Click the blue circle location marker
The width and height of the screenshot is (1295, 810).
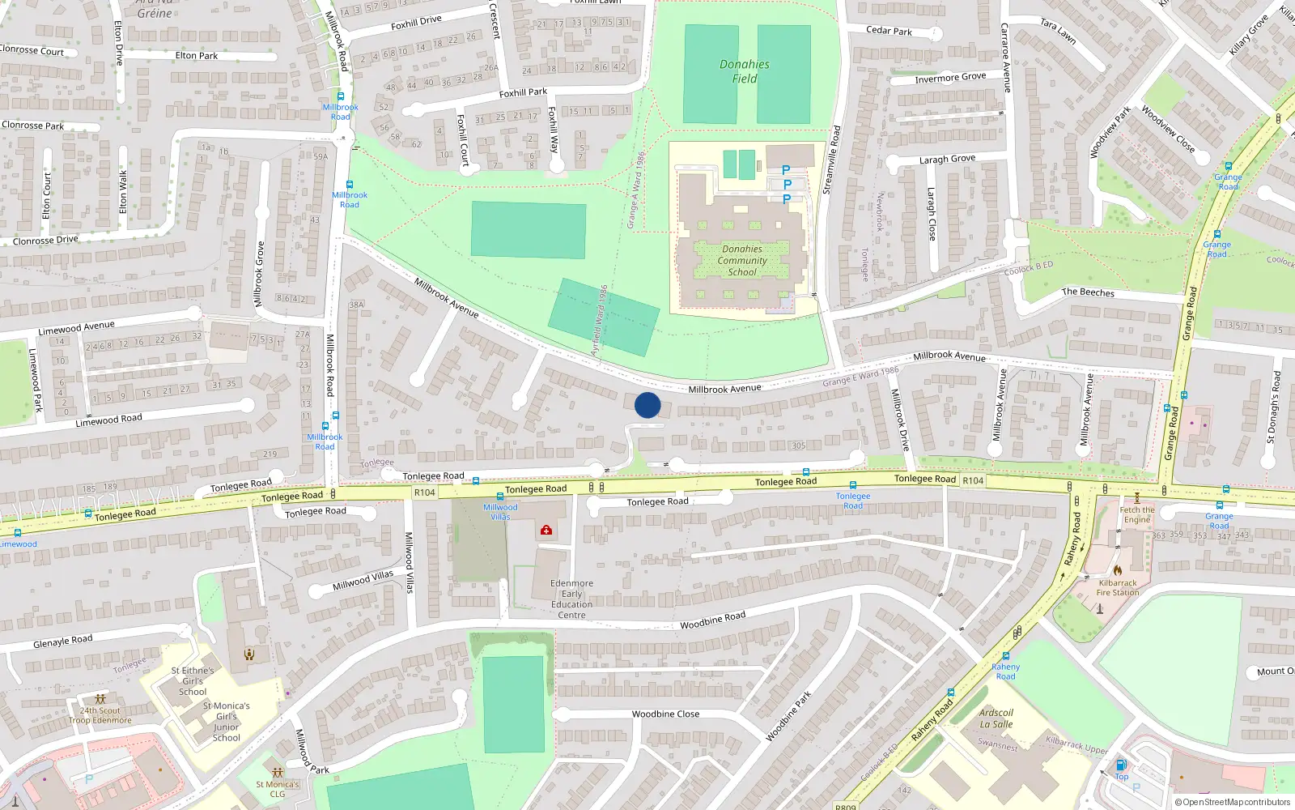point(647,405)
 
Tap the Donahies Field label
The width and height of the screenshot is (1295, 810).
point(745,71)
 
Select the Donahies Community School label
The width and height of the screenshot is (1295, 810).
point(742,261)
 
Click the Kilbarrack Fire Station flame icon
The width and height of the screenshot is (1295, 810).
point(1117,570)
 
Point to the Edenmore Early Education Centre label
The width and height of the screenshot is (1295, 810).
point(571,599)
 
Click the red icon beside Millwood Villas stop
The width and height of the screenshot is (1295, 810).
point(546,530)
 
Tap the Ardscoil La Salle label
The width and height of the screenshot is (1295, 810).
point(996,718)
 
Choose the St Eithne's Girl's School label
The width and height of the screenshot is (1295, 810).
point(193,681)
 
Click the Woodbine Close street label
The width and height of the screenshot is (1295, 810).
point(665,714)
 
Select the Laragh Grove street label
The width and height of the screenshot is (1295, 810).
point(947,160)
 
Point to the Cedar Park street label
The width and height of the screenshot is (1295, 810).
point(889,31)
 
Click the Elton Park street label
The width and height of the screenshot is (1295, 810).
point(197,56)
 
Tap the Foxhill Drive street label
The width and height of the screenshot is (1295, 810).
point(416,23)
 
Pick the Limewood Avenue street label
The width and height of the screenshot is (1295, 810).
point(76,328)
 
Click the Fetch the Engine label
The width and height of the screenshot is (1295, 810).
point(1136,514)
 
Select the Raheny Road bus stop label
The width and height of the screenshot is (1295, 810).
point(1005,671)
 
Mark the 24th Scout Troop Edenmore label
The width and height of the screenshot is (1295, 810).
point(100,715)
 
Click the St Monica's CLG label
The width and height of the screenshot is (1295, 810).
point(278,789)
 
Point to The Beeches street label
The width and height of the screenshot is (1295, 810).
point(1088,292)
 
